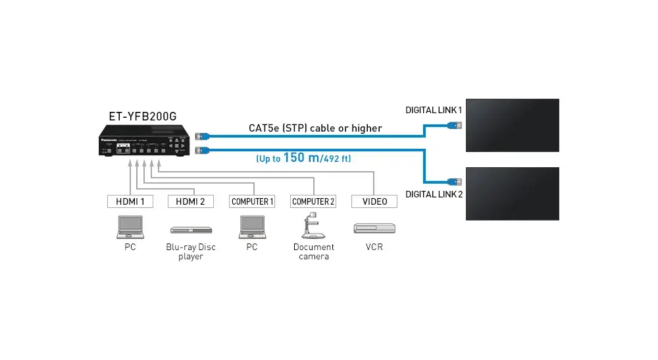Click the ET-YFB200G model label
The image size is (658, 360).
coord(142,116)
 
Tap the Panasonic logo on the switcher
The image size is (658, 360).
coord(108,140)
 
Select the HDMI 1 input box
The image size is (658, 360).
coord(130,201)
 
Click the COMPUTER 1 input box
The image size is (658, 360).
coord(251,201)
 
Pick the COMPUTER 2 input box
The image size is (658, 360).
coord(313,201)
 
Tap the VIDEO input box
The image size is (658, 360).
coord(374,201)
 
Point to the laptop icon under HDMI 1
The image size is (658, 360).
coord(130,226)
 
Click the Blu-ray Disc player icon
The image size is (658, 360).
coord(191,230)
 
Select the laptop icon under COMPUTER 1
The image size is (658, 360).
coord(251,226)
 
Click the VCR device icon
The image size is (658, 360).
coord(374,228)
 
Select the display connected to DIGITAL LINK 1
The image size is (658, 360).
coord(513,124)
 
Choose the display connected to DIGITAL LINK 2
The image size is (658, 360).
coord(513,193)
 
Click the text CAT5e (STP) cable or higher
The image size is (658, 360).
coord(315,128)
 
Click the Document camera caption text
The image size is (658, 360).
coord(313,251)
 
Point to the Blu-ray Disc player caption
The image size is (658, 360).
coord(191,251)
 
